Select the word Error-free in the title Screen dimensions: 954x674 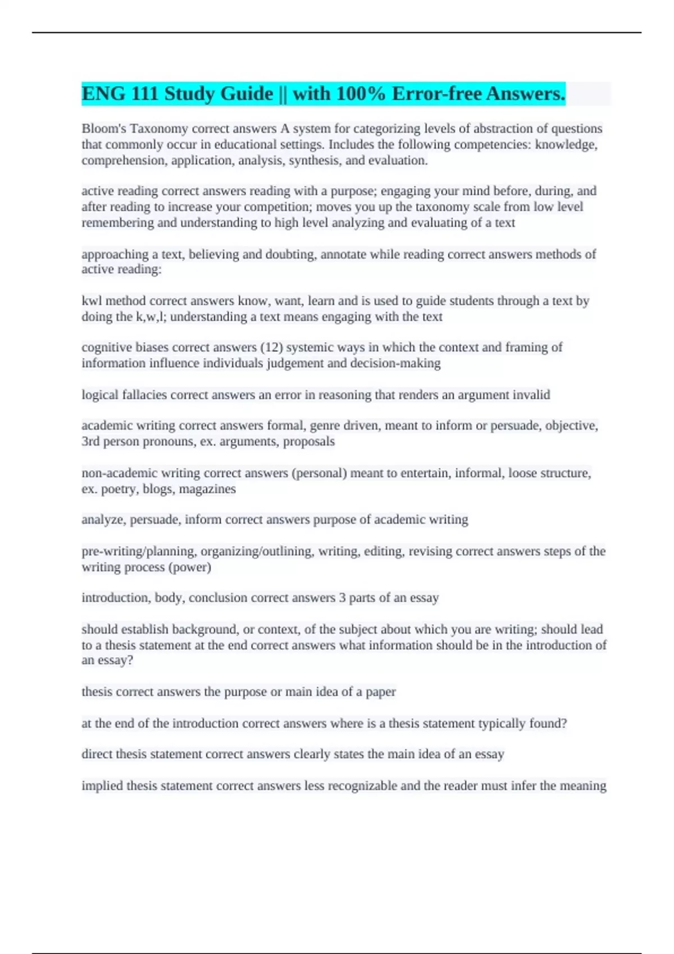437,94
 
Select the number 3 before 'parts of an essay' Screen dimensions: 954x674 342,598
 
